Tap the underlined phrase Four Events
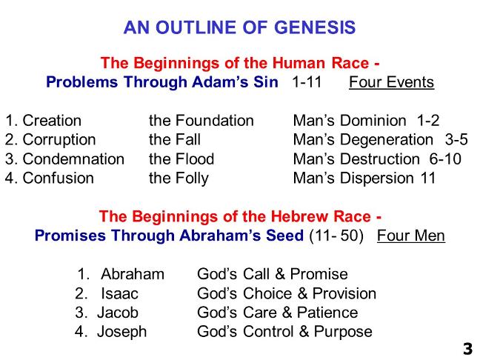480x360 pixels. coord(392,82)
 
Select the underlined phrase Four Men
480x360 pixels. coord(411,236)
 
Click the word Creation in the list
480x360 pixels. coord(52,121)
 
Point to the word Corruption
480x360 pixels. coord(59,140)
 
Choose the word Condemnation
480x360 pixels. coord(73,159)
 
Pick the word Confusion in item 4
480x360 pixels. coord(59,179)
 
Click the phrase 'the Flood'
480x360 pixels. coord(181,159)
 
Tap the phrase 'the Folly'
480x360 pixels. coord(179,179)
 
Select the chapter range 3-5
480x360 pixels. coord(456,140)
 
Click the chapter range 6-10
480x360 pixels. coord(445,159)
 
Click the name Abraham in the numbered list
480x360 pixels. coord(133,274)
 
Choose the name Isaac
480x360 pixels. coord(119,293)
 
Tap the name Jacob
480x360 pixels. coord(118,313)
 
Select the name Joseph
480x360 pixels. coord(121,332)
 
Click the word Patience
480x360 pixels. coord(327,313)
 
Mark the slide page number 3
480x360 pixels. coord(467,349)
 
